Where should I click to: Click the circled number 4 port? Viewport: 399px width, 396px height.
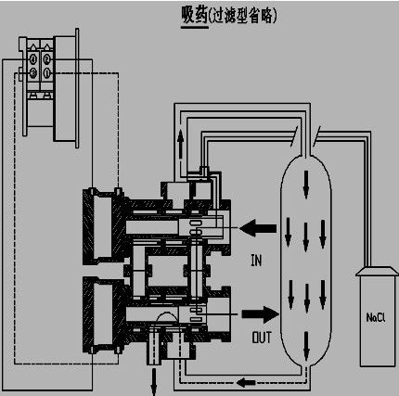point(32,58)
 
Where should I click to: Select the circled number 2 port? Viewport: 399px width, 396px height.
point(46,58)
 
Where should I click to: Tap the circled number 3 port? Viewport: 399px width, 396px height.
point(32,73)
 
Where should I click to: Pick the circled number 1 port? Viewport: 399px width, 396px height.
point(46,73)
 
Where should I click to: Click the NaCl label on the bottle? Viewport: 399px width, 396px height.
point(376,317)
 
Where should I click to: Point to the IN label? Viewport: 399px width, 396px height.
point(256,261)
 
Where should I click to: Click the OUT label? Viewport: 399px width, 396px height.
point(262,338)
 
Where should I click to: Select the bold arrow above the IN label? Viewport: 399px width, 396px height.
point(258,228)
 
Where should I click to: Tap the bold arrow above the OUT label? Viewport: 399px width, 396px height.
point(261,314)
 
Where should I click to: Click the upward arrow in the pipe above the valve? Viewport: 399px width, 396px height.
point(180,145)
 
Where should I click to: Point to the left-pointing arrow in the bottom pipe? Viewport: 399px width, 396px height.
point(246,383)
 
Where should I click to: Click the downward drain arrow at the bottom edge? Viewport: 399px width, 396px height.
point(154,383)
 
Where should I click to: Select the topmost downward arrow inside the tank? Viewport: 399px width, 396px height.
point(306,185)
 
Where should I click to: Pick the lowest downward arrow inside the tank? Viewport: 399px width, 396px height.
point(306,346)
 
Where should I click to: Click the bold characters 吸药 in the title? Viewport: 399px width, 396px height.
point(194,15)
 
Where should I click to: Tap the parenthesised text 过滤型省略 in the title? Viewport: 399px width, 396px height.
point(243,16)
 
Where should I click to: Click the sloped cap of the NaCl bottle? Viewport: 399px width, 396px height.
point(377,271)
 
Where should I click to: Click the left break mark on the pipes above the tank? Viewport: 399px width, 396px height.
point(295,136)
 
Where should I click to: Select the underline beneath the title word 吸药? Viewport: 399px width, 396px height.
point(195,27)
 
